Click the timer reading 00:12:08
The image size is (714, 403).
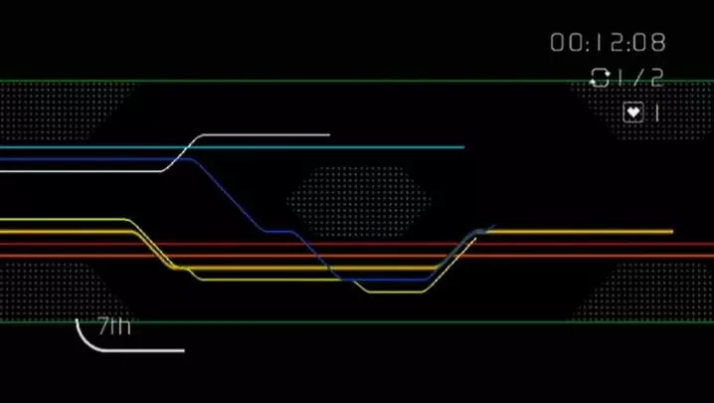pyautogui.click(x=608, y=43)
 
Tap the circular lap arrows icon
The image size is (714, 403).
pyautogui.click(x=600, y=77)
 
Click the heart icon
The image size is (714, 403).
pyautogui.click(x=632, y=111)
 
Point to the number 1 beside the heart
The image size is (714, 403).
pyautogui.click(x=656, y=111)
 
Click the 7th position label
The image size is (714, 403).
pyautogui.click(x=114, y=326)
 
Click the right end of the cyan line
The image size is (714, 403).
pyautogui.click(x=462, y=147)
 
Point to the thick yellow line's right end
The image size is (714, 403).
pyautogui.click(x=671, y=232)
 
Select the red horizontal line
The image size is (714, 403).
pyautogui.click(x=597, y=244)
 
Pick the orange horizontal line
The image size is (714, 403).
pyautogui.click(x=597, y=256)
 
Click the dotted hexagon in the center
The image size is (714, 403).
pyautogui.click(x=359, y=200)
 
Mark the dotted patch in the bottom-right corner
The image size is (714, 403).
pyautogui.click(x=646, y=294)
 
